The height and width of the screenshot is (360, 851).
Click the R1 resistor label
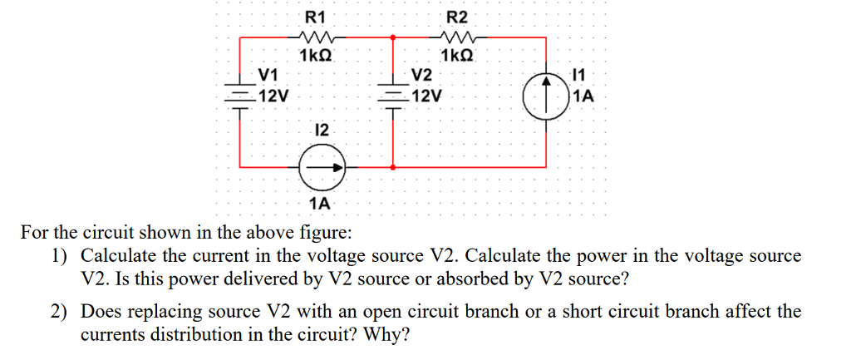316,16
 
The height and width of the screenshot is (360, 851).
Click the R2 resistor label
458,16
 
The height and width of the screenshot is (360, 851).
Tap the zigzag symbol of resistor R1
316,37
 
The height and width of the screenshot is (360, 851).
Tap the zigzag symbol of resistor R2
458,37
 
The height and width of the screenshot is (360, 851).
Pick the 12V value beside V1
273,96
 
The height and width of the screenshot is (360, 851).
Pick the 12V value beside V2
425,96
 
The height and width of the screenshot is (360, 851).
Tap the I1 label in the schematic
580,77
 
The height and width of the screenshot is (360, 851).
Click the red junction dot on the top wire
392,37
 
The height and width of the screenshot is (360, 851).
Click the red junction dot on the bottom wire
392,167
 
